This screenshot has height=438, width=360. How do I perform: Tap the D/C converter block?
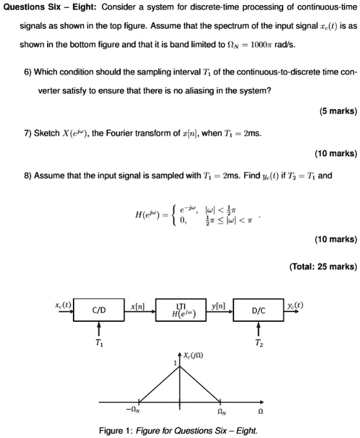click(x=257, y=311)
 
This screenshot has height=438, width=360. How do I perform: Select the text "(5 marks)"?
click(x=337, y=110)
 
